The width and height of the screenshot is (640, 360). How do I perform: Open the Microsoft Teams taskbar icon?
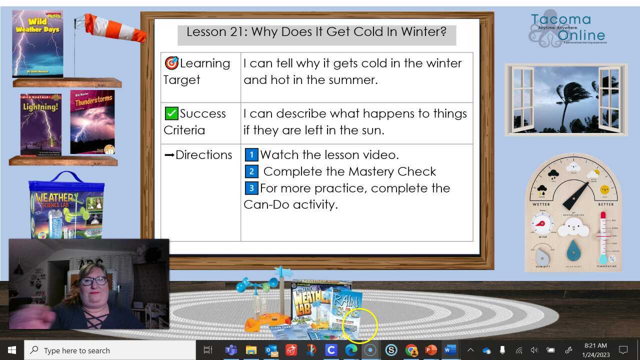click(x=231, y=350)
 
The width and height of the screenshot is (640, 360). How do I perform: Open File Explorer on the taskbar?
click(x=251, y=350)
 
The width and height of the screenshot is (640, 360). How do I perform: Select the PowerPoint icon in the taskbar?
click(x=431, y=350)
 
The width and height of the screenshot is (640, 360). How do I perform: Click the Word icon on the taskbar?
click(x=450, y=350)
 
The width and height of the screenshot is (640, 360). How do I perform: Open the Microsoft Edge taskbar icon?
click(x=351, y=350)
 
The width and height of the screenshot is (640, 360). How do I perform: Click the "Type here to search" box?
click(x=110, y=350)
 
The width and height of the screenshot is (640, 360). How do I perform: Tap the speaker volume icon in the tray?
click(x=534, y=350)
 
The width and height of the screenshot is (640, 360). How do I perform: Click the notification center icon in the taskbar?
click(x=623, y=350)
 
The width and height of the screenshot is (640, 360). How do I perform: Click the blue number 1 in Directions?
click(x=251, y=155)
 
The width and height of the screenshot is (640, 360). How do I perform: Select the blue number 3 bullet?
click(x=251, y=188)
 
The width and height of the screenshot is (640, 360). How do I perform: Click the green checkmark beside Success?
click(x=171, y=113)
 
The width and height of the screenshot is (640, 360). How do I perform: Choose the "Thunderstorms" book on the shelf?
click(x=92, y=122)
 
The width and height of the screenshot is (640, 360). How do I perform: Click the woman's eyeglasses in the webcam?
click(x=93, y=281)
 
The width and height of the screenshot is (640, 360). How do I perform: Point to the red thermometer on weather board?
click(x=603, y=235)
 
